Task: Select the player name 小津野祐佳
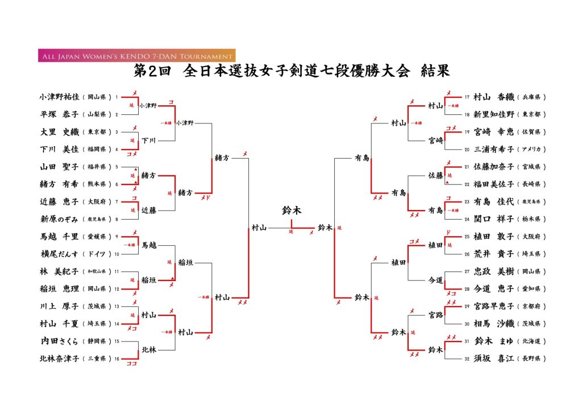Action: (59, 97)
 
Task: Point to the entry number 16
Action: (117, 359)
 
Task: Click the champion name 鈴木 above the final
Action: (292, 211)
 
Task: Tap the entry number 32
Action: (467, 359)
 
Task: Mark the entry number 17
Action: (467, 97)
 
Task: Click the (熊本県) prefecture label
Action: (98, 184)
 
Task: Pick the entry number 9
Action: (117, 236)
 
